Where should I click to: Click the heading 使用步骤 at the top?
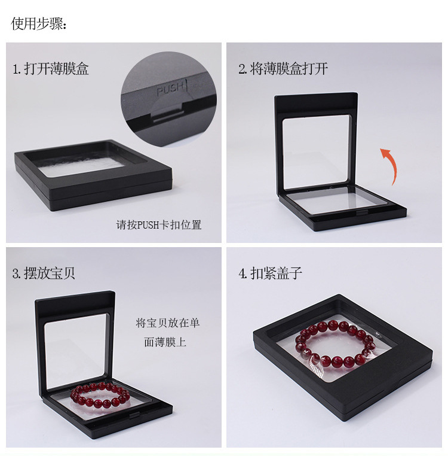39,24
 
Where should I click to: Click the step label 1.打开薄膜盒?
51,69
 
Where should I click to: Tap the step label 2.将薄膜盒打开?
283,69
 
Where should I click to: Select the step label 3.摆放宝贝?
44,274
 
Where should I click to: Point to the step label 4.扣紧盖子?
271,274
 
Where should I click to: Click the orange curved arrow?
389,165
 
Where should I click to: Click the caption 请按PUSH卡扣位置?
159,225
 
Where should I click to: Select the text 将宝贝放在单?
168,323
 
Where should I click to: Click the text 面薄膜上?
165,342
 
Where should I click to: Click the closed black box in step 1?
94,174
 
